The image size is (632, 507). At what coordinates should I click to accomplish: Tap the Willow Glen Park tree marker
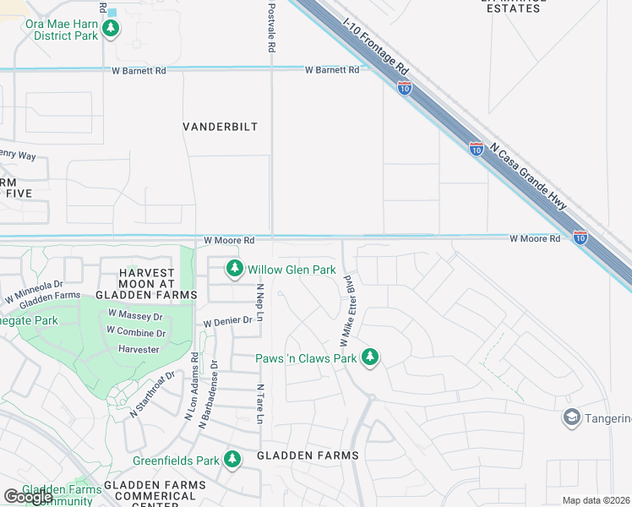[x=235, y=270]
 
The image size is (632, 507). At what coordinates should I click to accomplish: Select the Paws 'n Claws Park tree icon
[x=369, y=358]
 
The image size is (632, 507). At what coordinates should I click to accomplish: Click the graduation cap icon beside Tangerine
[x=572, y=418]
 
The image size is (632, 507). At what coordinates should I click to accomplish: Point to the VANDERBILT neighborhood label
[x=220, y=127]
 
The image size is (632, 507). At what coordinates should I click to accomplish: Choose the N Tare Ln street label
[x=260, y=403]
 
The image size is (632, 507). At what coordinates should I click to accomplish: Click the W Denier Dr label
[x=228, y=321]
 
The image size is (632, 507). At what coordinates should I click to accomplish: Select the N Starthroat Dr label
[x=152, y=395]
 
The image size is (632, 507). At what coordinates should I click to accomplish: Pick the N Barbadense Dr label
[x=208, y=395]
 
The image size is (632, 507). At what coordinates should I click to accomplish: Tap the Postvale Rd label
[x=271, y=28]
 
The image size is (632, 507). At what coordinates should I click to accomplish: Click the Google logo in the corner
[x=28, y=497]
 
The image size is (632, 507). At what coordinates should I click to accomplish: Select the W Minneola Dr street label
[x=34, y=291]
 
